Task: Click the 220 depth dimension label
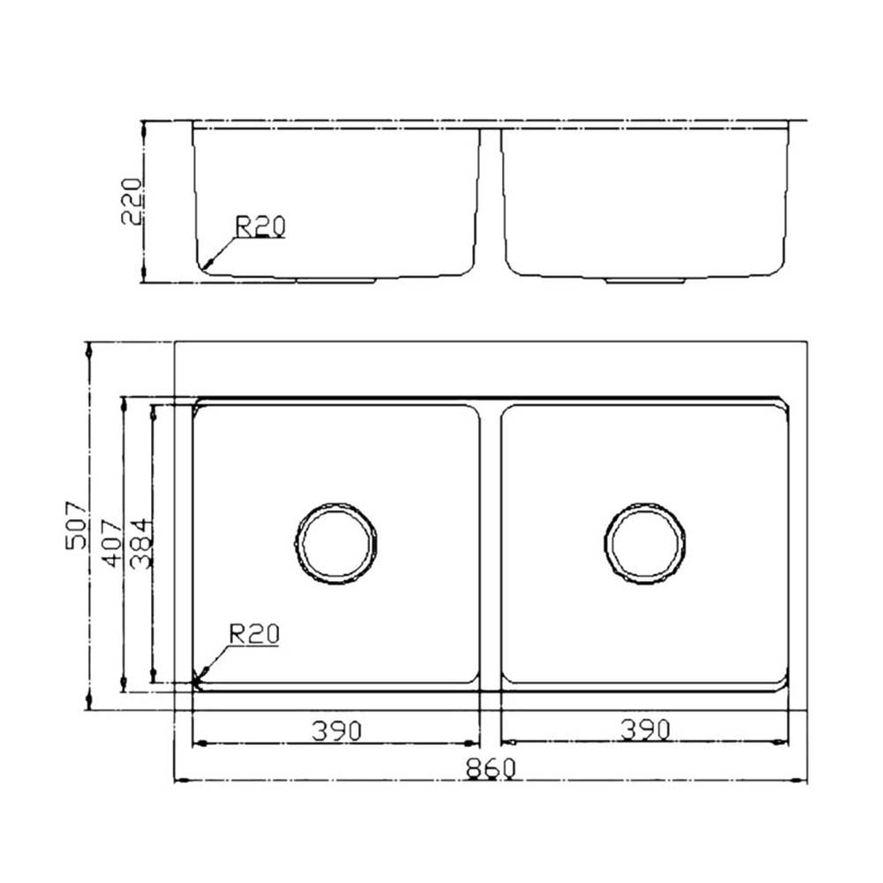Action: pos(132,201)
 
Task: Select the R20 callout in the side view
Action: pos(260,226)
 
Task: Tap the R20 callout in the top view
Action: pos(254,634)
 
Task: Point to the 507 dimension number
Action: pos(77,525)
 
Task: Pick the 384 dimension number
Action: pos(140,544)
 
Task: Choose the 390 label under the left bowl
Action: pos(336,731)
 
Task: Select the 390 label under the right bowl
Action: pos(645,730)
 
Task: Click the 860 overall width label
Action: pos(490,768)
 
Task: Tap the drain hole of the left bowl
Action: pos(336,543)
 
